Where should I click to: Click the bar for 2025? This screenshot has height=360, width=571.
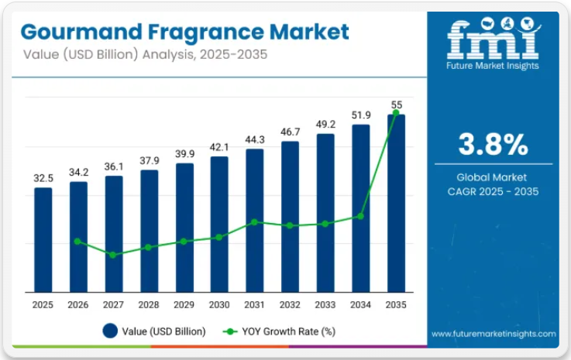point(43,240)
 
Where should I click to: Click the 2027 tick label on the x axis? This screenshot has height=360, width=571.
point(114,306)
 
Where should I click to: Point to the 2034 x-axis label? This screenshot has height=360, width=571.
point(361,306)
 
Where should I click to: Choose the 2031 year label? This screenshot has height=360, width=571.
point(255,306)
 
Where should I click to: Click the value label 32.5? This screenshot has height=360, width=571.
point(43,177)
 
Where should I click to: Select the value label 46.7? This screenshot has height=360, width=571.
point(290,132)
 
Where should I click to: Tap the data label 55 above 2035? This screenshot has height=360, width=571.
point(397,105)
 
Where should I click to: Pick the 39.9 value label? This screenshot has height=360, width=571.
point(184,154)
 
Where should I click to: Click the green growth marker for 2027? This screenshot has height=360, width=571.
point(113,255)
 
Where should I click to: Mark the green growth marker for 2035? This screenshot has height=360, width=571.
point(396,113)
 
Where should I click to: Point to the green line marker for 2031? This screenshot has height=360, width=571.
point(255,222)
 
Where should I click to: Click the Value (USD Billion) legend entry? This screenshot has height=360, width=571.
point(155,331)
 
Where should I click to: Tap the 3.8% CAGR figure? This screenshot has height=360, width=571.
point(493,144)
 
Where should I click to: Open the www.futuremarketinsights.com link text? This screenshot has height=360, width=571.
point(494,334)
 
